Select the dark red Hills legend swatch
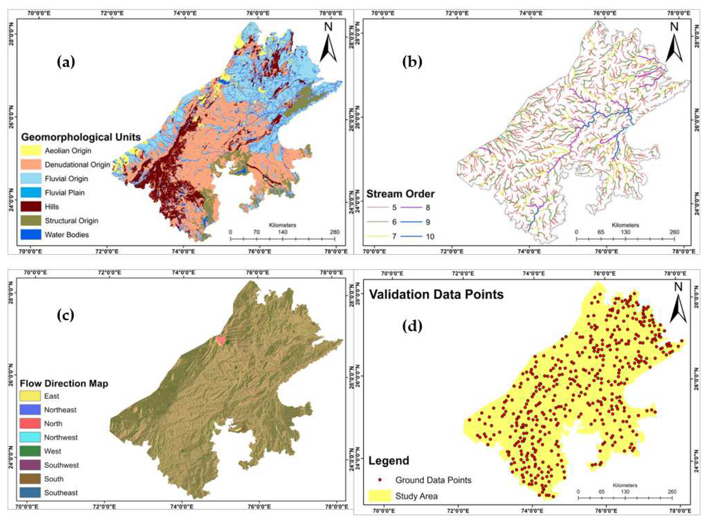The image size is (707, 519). pyautogui.click(x=31, y=206)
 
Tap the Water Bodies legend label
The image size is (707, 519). pyautogui.click(x=67, y=235)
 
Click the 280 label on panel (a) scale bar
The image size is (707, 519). pyautogui.click(x=334, y=232)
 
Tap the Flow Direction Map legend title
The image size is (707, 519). pyautogui.click(x=64, y=383)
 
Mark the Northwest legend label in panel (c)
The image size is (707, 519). pyautogui.click(x=61, y=437)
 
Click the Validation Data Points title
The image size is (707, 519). pyautogui.click(x=436, y=294)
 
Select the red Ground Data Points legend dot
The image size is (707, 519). pyautogui.click(x=380, y=480)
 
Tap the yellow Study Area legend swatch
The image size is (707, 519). pyautogui.click(x=380, y=496)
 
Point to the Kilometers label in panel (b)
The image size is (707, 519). pyautogui.click(x=625, y=225)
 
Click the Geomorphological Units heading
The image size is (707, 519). pyautogui.click(x=81, y=137)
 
